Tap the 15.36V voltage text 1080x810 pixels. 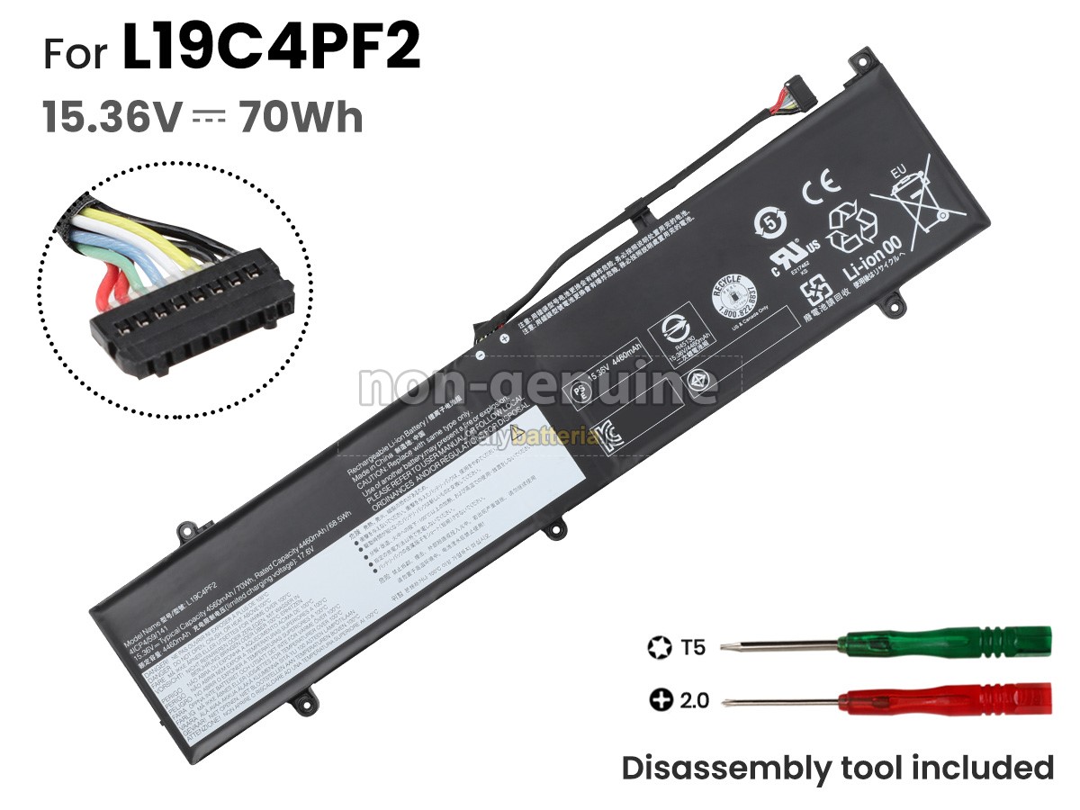click(112, 118)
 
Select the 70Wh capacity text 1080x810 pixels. click(301, 118)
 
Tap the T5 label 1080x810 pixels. click(692, 646)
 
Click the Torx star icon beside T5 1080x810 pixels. click(658, 646)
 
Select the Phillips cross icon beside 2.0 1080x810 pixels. click(658, 699)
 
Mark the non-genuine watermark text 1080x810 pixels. click(538, 387)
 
